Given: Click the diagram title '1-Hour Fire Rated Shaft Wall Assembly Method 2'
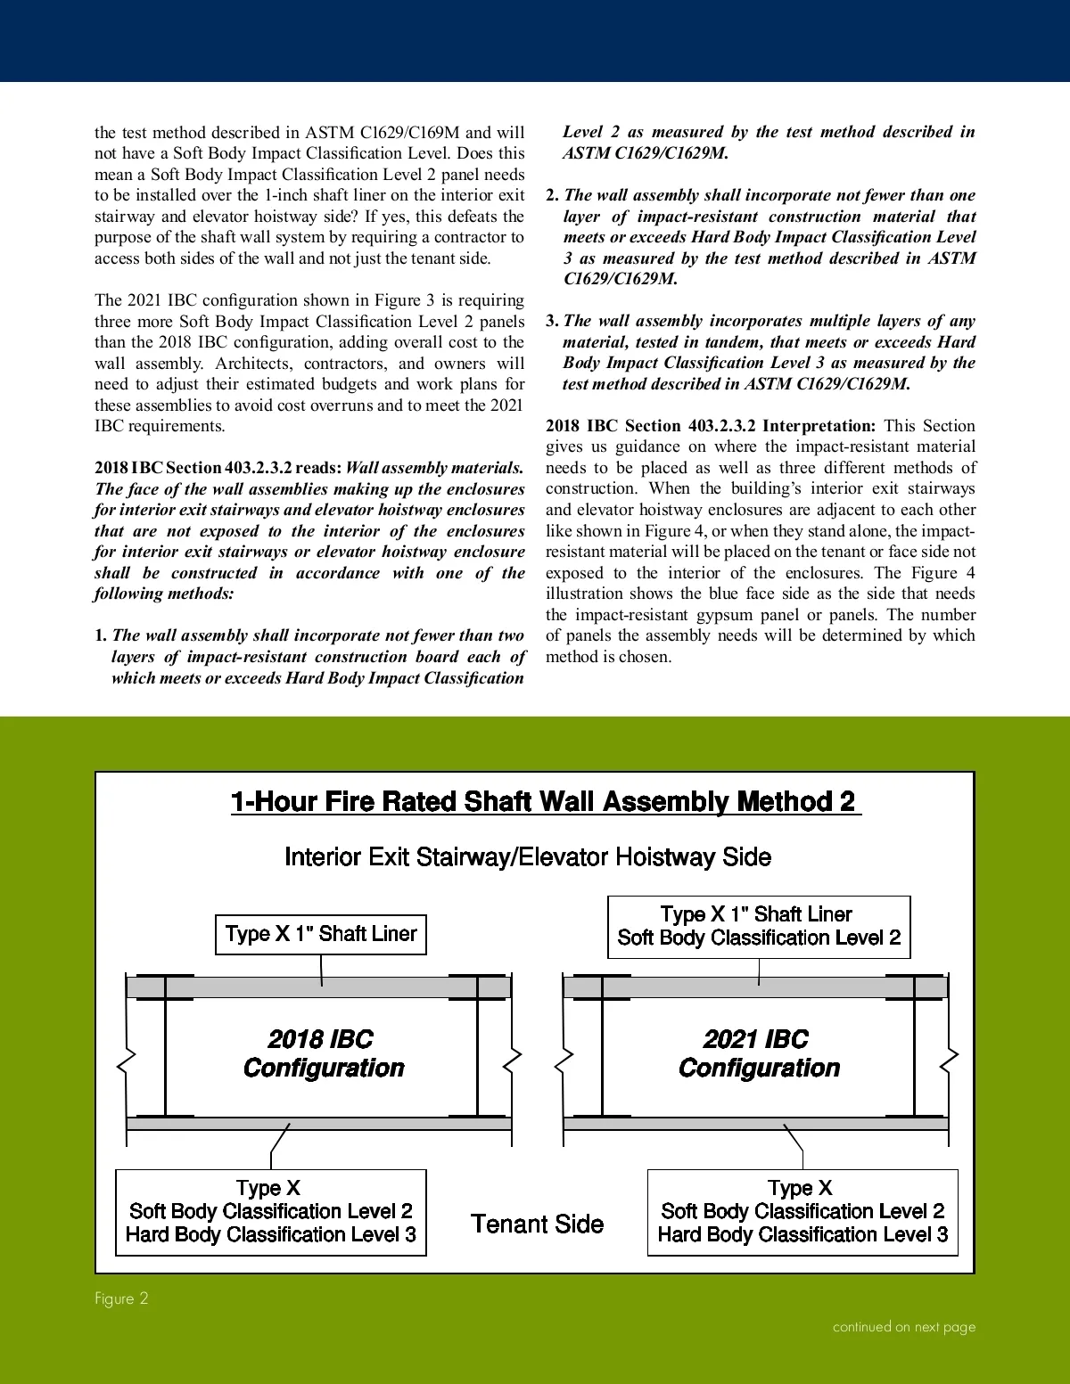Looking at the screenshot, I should tap(545, 801).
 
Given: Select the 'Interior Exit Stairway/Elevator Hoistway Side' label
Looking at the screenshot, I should tap(527, 857).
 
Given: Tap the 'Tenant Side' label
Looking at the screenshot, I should tap(537, 1224).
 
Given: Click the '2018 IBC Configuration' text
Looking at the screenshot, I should tap(323, 1053).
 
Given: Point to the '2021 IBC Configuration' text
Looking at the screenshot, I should tap(758, 1053).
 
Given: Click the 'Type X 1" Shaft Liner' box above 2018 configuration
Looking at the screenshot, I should tap(321, 934).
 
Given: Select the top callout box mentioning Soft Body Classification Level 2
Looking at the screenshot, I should tap(759, 927).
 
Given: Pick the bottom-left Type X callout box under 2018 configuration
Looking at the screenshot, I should tap(271, 1212).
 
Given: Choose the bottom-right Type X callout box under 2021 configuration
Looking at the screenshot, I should tap(802, 1212).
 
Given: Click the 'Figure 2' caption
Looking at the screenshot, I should tap(121, 1298).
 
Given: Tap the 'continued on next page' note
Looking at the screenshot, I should tap(903, 1327).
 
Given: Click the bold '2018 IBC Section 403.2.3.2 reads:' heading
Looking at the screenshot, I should tap(218, 468).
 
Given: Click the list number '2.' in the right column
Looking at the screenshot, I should tap(553, 195).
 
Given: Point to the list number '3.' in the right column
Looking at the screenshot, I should tap(553, 321).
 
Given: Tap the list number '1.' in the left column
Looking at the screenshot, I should tap(101, 636).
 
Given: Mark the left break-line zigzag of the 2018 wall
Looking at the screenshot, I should tap(127, 1060).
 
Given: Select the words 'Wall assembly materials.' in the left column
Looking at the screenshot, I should tap(434, 468).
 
